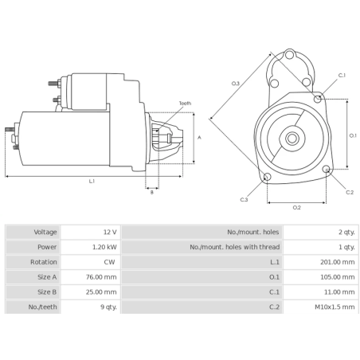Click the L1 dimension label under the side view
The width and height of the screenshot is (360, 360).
92,181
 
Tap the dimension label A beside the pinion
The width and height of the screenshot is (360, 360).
199,137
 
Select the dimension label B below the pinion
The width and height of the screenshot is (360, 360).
151,192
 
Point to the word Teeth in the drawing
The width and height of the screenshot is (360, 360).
185,104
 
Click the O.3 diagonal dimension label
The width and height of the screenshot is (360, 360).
235,83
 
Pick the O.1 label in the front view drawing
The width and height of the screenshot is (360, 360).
353,135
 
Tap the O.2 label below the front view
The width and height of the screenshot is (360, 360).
296,207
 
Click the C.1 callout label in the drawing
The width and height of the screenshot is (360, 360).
342,75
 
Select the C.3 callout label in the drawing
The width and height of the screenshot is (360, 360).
243,199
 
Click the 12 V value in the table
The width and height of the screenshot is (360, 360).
109,232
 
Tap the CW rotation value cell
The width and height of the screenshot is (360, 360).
111,262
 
